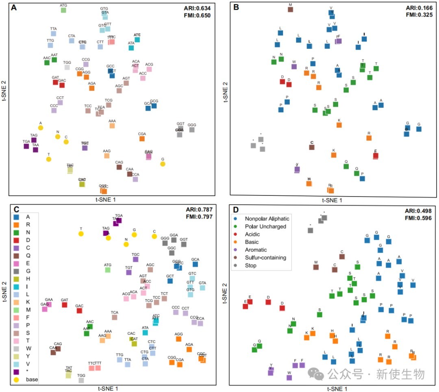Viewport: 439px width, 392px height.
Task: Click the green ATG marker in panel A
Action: (x=63, y=10)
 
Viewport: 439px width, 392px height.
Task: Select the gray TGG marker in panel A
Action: (x=67, y=67)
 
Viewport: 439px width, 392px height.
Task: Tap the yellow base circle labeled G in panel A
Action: (x=163, y=164)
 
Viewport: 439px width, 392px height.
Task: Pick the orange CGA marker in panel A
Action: (x=142, y=139)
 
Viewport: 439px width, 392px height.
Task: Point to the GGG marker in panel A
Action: (x=192, y=130)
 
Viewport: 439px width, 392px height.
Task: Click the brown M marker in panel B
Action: (x=290, y=9)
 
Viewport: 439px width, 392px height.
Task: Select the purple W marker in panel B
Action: (x=294, y=66)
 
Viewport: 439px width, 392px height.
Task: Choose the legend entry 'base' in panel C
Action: (x=32, y=379)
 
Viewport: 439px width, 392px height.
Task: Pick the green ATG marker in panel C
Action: (x=108, y=269)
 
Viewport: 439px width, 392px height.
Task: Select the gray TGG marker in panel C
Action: (x=81, y=380)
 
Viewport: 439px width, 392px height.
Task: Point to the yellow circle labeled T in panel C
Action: (x=81, y=234)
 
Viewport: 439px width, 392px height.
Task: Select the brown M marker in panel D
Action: (x=316, y=267)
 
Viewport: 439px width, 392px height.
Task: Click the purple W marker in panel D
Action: (x=289, y=377)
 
